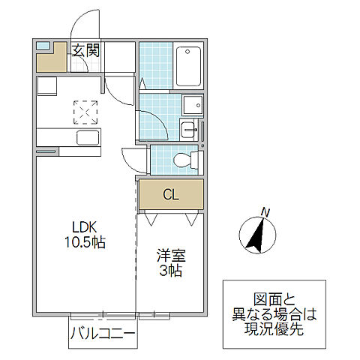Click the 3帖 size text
pos(169,271)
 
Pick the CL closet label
pos(171,196)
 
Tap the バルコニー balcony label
pos(100,334)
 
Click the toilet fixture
pos(185,160)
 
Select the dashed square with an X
pos(84,112)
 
